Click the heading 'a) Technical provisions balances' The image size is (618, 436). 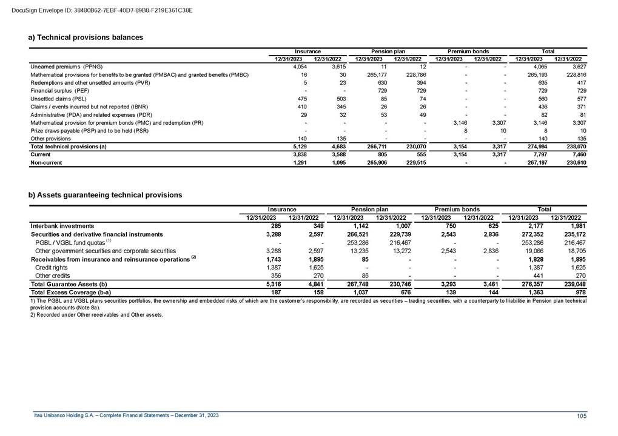86,38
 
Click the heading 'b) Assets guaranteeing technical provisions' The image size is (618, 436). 106,195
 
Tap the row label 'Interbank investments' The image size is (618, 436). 62,226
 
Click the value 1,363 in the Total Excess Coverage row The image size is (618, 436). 522,292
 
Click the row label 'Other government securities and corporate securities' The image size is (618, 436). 106,250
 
